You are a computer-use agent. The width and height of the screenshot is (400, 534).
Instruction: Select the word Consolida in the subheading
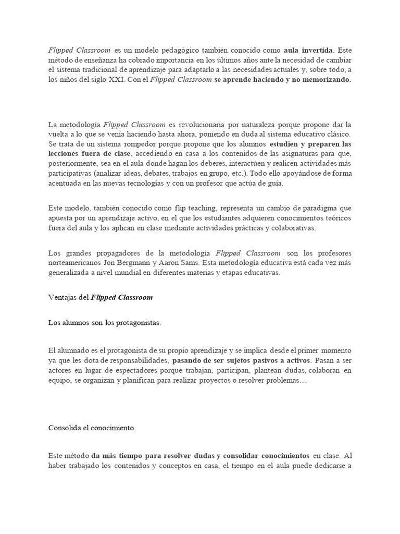64,428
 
